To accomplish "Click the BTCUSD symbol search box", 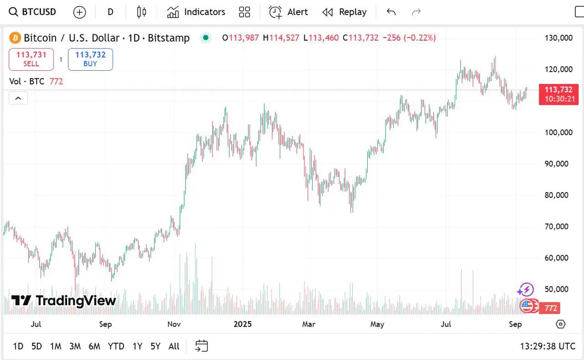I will [33, 12].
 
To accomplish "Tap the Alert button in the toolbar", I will [288, 12].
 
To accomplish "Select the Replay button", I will [344, 12].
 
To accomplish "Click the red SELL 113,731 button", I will [31, 59].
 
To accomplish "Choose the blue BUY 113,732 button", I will [90, 59].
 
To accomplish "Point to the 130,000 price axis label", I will [558, 38].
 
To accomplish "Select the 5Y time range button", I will [156, 346].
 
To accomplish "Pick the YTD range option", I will [116, 346].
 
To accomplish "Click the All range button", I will [174, 346].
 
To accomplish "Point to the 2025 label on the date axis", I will [242, 324].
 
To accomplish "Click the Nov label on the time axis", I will [174, 324].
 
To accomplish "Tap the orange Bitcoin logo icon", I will [15, 38].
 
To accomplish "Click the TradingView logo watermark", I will [64, 300].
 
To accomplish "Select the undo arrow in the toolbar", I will [391, 12].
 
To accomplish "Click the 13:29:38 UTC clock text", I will [547, 346].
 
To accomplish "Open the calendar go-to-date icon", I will [201, 346].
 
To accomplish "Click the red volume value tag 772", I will [551, 308].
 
